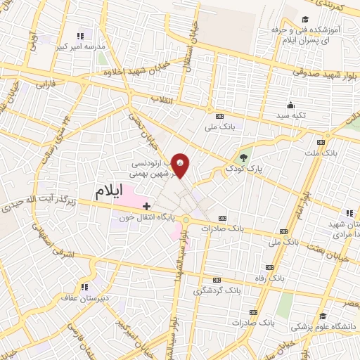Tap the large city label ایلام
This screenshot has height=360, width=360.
112,190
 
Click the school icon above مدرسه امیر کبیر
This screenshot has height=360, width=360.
80,34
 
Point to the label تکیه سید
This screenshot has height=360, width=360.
291,115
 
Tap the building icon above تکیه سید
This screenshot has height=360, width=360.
290,105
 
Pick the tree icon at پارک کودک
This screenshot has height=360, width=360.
243,157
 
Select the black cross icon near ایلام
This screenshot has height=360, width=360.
146,206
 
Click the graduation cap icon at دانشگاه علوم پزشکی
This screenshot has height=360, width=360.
323,316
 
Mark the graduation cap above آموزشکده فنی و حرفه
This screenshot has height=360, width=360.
304,20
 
